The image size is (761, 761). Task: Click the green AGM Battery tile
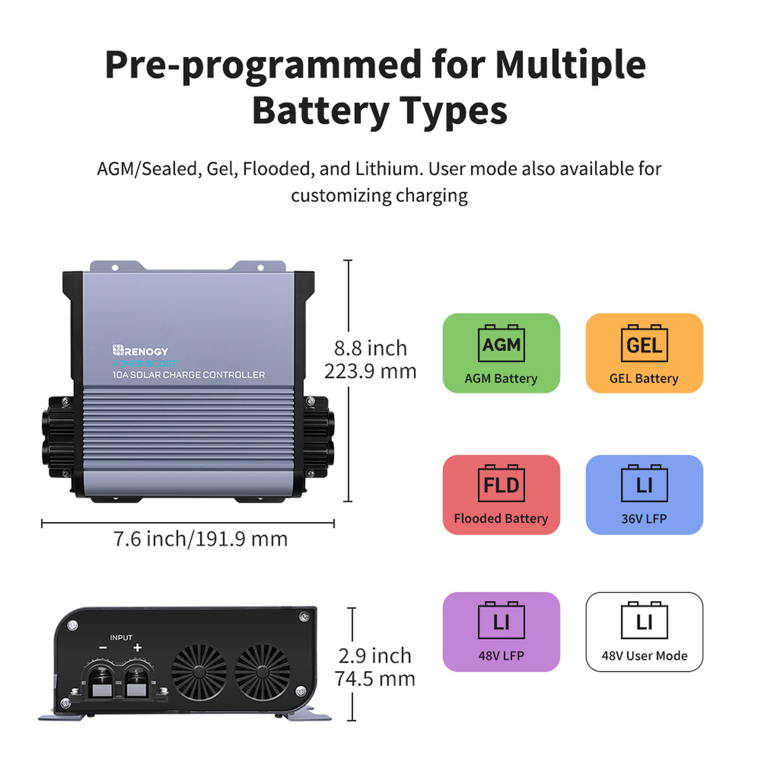click(x=501, y=353)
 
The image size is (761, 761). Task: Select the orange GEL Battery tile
click(x=644, y=353)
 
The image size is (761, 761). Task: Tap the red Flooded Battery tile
click(x=501, y=495)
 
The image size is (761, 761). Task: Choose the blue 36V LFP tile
click(x=644, y=495)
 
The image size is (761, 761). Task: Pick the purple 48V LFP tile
click(x=501, y=632)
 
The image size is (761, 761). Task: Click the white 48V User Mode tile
click(x=644, y=632)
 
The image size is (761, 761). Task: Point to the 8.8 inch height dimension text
click(x=370, y=348)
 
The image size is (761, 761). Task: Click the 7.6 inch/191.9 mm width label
click(x=200, y=539)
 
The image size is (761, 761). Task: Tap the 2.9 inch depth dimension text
click(x=375, y=656)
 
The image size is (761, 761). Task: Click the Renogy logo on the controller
click(x=140, y=351)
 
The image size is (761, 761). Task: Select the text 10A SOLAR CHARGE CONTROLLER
click(x=188, y=375)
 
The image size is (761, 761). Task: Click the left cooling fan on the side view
click(x=199, y=671)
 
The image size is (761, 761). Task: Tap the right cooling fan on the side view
click(x=262, y=671)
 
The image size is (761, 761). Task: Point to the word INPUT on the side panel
click(x=121, y=637)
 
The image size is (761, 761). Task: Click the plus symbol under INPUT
click(x=137, y=648)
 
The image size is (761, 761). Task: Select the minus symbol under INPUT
click(x=103, y=648)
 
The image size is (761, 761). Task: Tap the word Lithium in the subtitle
click(x=388, y=169)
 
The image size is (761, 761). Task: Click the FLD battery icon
click(x=501, y=484)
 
